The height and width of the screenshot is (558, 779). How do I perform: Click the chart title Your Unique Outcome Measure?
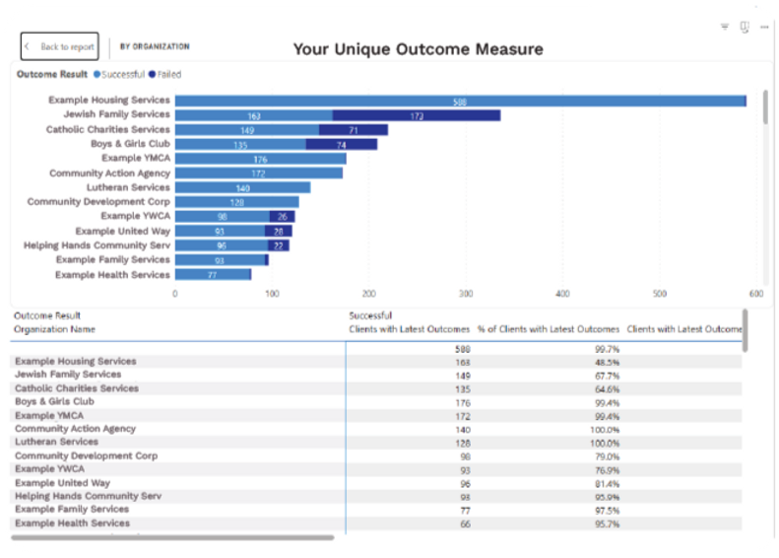[x=418, y=49]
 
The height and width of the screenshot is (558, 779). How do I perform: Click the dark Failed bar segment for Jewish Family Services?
[x=416, y=115]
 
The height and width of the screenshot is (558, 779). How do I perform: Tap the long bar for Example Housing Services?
[x=460, y=101]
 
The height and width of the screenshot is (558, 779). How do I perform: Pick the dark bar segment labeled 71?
[x=353, y=129]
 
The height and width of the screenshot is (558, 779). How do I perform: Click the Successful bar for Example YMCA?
[x=260, y=159]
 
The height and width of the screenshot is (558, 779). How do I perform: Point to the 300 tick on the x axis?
[x=466, y=293]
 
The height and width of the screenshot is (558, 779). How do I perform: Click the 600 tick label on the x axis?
[x=755, y=293]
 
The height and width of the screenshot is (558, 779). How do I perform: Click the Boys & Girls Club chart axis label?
[x=130, y=144]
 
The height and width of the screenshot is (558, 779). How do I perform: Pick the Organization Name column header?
[x=54, y=329]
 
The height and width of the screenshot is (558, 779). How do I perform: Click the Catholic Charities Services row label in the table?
[x=77, y=388]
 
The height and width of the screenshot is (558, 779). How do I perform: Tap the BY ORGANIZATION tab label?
[x=155, y=46]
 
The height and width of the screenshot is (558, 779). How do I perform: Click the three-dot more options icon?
[x=764, y=28]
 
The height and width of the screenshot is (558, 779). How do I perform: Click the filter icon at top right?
[x=725, y=28]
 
